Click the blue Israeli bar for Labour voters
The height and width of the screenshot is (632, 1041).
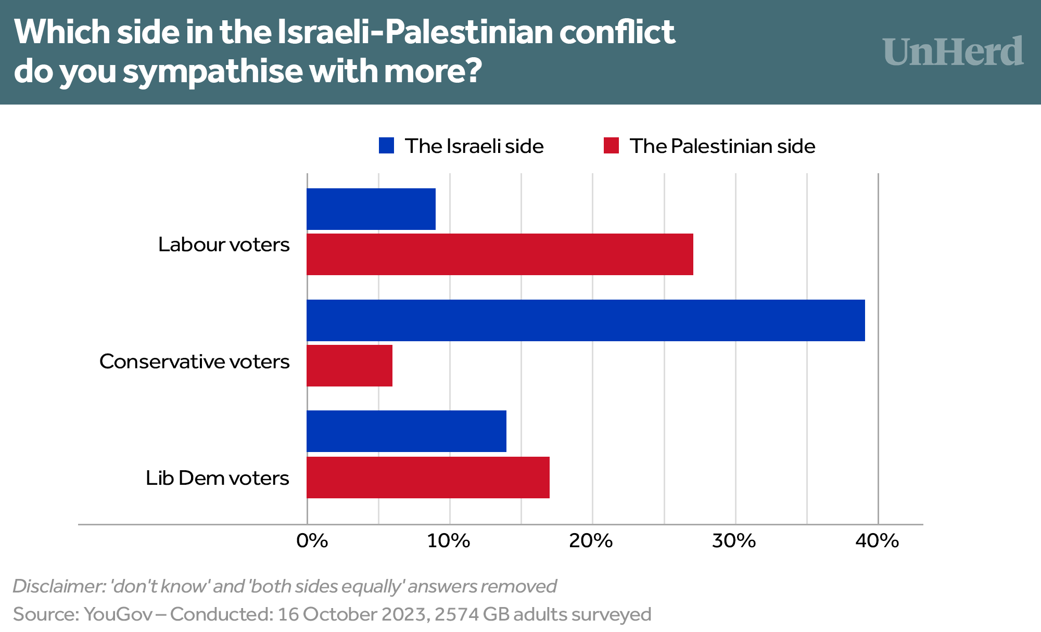pyautogui.click(x=371, y=209)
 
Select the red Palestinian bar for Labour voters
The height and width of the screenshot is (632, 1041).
pyautogui.click(x=500, y=254)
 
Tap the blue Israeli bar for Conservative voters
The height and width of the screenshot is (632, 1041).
pyautogui.click(x=586, y=320)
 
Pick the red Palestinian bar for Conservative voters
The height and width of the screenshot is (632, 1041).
pyautogui.click(x=349, y=366)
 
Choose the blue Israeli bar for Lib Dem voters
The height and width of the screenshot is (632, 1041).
pyautogui.click(x=407, y=431)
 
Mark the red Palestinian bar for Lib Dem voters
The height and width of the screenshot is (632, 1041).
pyautogui.click(x=428, y=478)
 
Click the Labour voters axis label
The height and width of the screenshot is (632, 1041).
pyautogui.click(x=224, y=244)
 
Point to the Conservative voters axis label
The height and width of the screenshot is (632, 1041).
pyautogui.click(x=194, y=362)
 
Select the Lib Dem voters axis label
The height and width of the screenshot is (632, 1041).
pyautogui.click(x=217, y=478)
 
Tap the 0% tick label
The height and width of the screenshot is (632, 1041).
pyautogui.click(x=312, y=541)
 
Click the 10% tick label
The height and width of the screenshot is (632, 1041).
pyautogui.click(x=449, y=541)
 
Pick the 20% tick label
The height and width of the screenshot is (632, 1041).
pyautogui.click(x=591, y=541)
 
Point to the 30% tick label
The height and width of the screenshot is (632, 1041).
pyautogui.click(x=734, y=541)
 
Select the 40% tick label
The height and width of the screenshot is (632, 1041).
pyautogui.click(x=877, y=541)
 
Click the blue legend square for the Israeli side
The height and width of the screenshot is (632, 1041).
pyautogui.click(x=386, y=146)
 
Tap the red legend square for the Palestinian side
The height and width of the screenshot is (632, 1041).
pyautogui.click(x=611, y=146)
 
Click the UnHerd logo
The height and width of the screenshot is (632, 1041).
pyautogui.click(x=953, y=52)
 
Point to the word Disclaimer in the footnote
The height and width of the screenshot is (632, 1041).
pyautogui.click(x=58, y=586)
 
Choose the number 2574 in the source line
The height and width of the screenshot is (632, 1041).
pyautogui.click(x=456, y=614)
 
